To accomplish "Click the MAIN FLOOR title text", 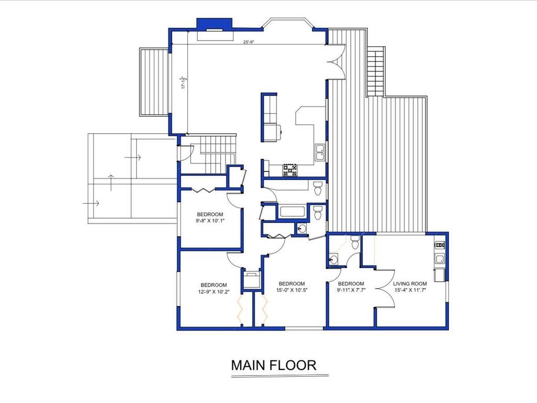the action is (274, 365).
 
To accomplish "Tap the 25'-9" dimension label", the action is (249, 42).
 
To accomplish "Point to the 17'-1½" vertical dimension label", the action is (184, 82).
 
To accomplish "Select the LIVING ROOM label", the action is (410, 283).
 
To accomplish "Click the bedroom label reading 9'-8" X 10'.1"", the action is (210, 218).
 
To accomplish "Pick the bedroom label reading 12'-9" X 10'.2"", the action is (214, 288).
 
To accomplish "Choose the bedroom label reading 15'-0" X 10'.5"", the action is (292, 287).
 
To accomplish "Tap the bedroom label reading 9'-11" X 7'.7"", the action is (351, 287).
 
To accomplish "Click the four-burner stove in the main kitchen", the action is (290, 171).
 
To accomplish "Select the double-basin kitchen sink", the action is (320, 152).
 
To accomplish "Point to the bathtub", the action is (293, 211).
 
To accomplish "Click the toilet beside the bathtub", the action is (318, 213).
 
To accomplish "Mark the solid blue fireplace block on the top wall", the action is (214, 24).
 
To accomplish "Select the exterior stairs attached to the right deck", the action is (375, 71).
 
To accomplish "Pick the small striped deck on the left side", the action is (154, 82).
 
